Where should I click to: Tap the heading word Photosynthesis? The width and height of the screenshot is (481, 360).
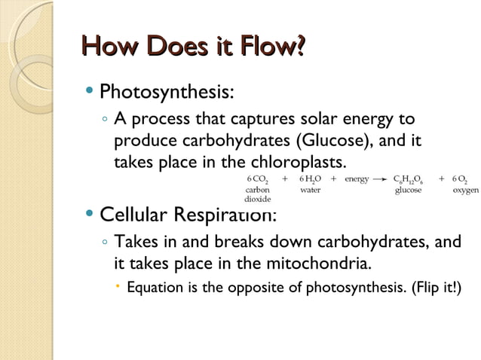pyautogui.click(x=167, y=93)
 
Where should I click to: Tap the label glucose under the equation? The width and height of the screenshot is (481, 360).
pyautogui.click(x=408, y=191)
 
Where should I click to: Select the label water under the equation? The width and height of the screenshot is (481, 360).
pyautogui.click(x=310, y=190)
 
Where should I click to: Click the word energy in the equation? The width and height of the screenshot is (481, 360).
pyautogui.click(x=356, y=179)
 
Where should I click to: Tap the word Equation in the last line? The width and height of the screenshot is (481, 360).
pyautogui.click(x=155, y=288)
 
